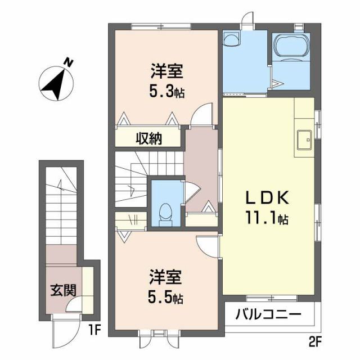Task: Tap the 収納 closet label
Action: tap(148, 138)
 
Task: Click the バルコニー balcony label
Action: tap(268, 314)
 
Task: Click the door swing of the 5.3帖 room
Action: tap(201, 115)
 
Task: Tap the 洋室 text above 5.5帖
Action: tap(166, 277)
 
